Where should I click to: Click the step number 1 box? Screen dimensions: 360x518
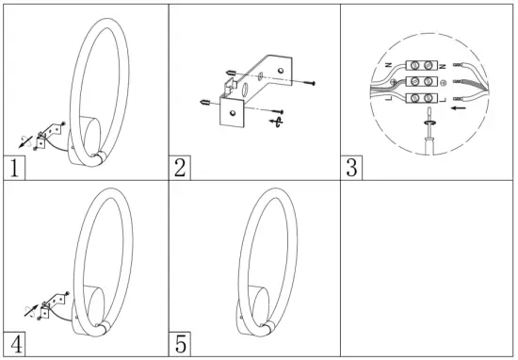pos(13,170)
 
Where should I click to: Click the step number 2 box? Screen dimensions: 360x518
pos(182,169)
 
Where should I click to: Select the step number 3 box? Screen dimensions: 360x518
pos(350,169)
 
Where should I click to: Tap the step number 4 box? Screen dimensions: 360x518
pos(13,344)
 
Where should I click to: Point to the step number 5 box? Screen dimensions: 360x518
pos(182,344)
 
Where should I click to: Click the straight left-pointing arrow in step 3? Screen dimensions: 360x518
pos(461,109)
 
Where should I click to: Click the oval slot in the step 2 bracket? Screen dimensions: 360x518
pos(243,90)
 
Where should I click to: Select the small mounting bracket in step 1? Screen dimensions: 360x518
pos(44,133)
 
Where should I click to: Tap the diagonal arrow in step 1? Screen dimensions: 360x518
pos(26,140)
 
